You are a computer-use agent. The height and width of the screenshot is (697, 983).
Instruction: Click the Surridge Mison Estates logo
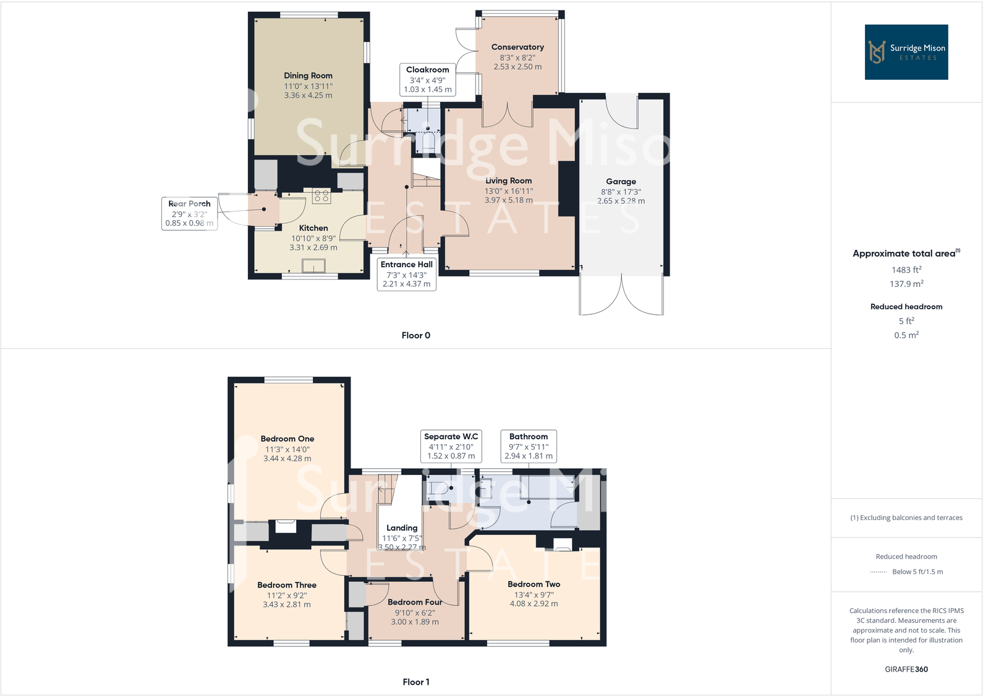pos(906,52)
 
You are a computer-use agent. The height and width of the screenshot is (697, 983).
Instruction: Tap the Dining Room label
pos(308,75)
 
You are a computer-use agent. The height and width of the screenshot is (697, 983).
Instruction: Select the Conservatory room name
pos(517,47)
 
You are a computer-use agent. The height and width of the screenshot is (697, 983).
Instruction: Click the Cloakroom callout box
pos(427,79)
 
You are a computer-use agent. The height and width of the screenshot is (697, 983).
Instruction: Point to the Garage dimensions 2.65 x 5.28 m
pos(621,201)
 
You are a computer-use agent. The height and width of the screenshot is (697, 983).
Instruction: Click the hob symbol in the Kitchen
pos(321,197)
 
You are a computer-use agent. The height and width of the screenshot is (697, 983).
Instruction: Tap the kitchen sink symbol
pos(313,266)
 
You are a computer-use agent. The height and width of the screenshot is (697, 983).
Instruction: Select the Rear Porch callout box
pos(189,213)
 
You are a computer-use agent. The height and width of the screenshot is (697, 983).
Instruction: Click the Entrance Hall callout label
pos(406,274)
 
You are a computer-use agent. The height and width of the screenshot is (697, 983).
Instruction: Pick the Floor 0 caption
pos(415,335)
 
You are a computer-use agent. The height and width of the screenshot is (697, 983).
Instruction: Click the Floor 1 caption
pos(415,682)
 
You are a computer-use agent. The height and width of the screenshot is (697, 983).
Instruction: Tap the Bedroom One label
pos(287,438)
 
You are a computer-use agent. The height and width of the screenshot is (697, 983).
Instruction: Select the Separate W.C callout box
pos(451,446)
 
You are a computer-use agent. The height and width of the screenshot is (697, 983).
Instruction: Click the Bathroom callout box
pos(528,446)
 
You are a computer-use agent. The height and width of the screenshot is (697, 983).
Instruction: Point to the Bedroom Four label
pos(414,602)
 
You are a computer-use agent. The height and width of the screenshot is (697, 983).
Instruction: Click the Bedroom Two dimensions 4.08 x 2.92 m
pos(534,604)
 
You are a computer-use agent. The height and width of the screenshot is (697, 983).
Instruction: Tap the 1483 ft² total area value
pos(906,270)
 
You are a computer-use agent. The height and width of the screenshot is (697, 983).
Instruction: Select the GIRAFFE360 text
pos(906,669)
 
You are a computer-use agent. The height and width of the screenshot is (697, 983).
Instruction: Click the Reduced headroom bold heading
pos(906,307)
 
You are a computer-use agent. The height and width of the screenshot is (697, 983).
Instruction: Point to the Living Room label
pos(508,181)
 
